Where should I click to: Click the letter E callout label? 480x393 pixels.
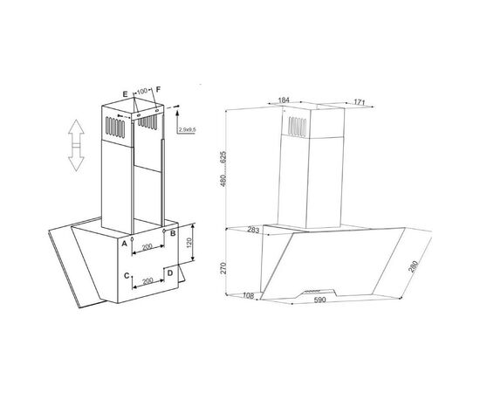pos(125,94)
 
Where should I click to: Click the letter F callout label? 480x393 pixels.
pos(158,89)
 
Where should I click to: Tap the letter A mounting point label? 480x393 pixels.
pos(124,244)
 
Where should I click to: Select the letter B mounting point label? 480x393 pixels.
pos(173,233)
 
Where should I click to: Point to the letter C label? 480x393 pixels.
pos(127,276)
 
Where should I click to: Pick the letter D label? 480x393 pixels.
pos(170,272)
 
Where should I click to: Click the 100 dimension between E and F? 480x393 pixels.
pos(142,91)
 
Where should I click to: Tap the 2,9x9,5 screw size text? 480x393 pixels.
pos(188,130)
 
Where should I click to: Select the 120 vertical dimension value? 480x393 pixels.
pos(189,243)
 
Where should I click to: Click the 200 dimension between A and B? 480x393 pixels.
pos(147,246)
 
